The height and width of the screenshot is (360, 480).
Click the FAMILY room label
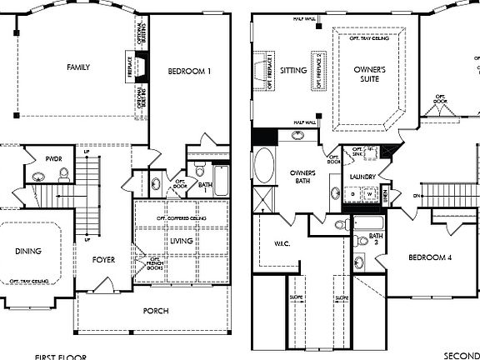click(79, 67)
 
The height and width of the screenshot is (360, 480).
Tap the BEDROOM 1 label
click(189, 72)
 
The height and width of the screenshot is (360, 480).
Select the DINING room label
click(27, 251)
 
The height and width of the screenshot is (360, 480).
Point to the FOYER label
click(103, 260)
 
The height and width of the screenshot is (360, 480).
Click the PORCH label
click(155, 311)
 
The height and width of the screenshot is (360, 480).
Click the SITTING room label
click(293, 71)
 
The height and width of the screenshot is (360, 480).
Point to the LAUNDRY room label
click(366, 177)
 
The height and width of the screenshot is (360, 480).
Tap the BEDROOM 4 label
click(430, 258)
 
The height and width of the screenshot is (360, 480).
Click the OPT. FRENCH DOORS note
click(153, 265)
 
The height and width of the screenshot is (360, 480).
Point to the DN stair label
click(416, 196)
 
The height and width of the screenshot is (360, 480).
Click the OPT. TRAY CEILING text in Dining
click(29, 282)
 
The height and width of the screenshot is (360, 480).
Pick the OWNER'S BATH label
click(302, 177)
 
